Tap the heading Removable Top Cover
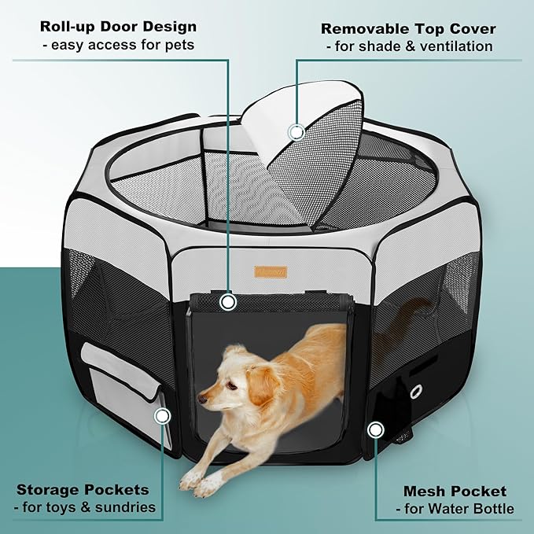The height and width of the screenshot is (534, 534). click(x=408, y=29)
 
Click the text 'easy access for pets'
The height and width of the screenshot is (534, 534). click(x=118, y=45)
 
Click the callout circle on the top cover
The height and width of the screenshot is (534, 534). click(x=296, y=131)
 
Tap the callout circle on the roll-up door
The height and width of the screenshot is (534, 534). click(x=228, y=301)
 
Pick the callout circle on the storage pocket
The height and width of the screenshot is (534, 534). click(x=164, y=415)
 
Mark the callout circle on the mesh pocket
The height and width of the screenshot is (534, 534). click(x=376, y=429)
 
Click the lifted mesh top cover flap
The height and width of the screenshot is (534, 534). click(x=303, y=153)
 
